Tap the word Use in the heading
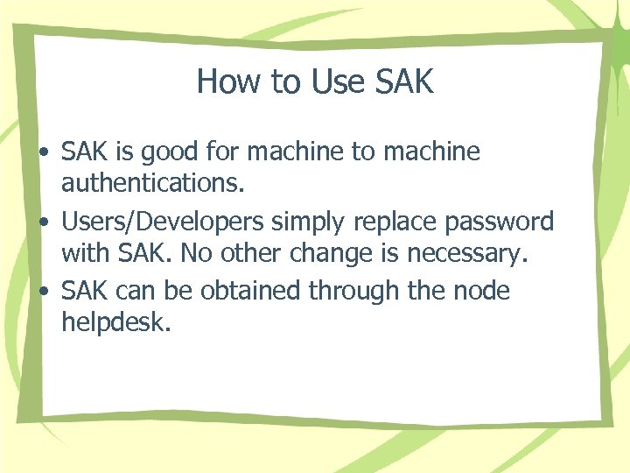click(x=337, y=81)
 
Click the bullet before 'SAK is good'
click(x=43, y=153)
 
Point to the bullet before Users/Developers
click(x=43, y=222)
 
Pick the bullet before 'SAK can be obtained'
click(x=43, y=291)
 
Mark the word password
click(x=502, y=222)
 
